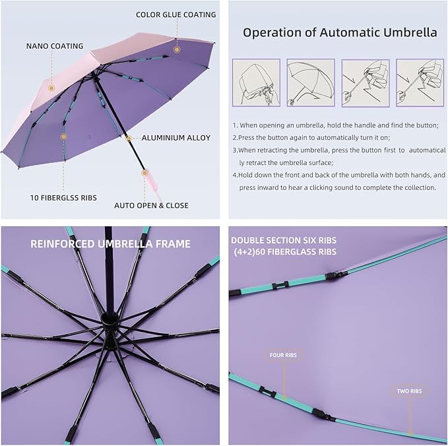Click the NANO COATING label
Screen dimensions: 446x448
click(x=55, y=46)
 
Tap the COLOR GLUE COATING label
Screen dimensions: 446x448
click(x=176, y=15)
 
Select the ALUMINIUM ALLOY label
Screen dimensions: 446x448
click(x=176, y=138)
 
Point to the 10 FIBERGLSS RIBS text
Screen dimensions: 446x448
click(x=63, y=197)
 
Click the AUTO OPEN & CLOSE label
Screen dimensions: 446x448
click(x=151, y=205)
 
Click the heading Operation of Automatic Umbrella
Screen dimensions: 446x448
click(x=340, y=32)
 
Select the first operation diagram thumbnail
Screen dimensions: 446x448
click(x=256, y=83)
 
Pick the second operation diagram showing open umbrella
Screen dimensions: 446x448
click(x=310, y=83)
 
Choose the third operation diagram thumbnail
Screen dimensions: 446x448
click(x=365, y=83)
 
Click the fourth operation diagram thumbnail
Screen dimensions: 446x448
click(x=419, y=83)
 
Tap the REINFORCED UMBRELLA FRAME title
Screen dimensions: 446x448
click(x=110, y=243)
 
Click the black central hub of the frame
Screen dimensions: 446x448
click(x=109, y=322)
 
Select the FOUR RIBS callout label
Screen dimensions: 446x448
click(x=283, y=356)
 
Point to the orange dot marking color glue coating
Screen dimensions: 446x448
click(x=177, y=49)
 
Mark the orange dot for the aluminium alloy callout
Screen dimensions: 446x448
click(x=128, y=138)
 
